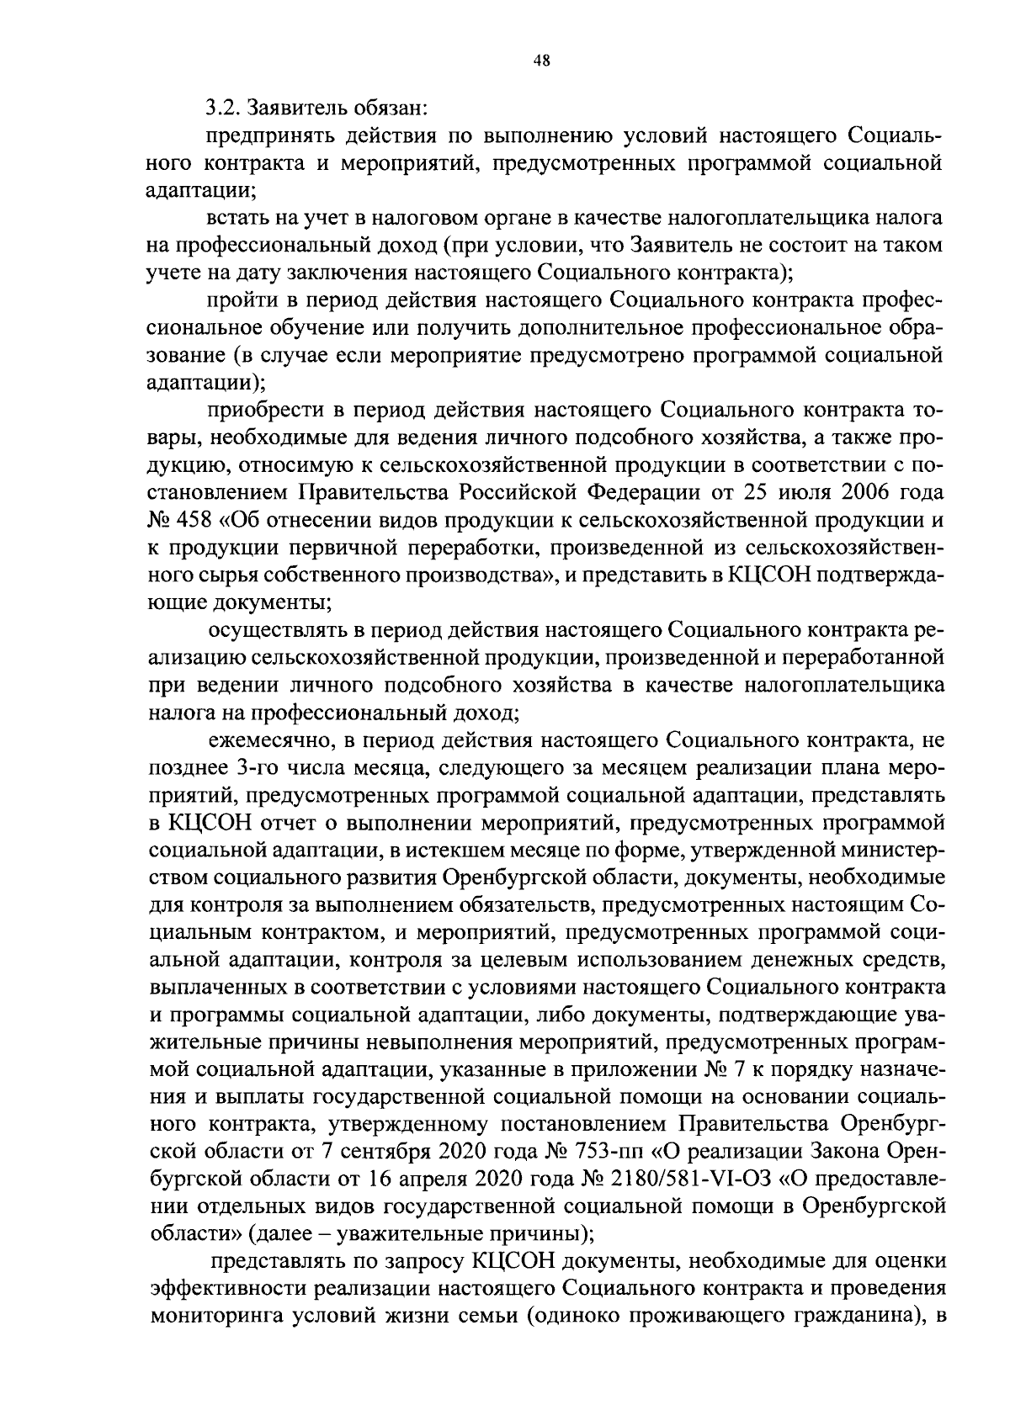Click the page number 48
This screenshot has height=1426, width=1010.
click(542, 60)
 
